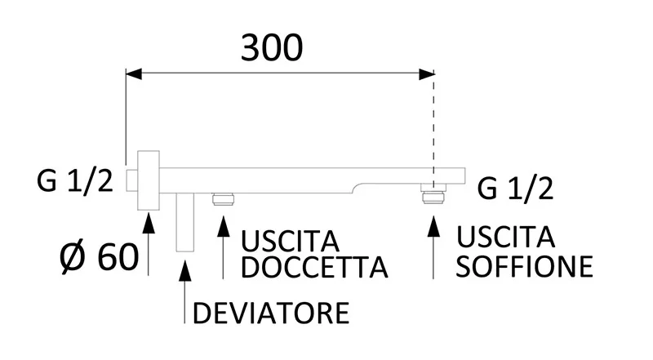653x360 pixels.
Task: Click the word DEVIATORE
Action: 271,312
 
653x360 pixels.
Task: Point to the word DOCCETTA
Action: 313,267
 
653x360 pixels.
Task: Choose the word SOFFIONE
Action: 524,265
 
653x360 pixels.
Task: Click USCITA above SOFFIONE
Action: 506,238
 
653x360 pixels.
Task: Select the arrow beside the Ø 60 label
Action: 149,241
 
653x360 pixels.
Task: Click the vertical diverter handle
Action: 184,221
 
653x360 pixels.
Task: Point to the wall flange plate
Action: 149,180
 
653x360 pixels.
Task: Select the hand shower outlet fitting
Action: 223,198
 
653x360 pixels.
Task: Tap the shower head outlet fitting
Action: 433,197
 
